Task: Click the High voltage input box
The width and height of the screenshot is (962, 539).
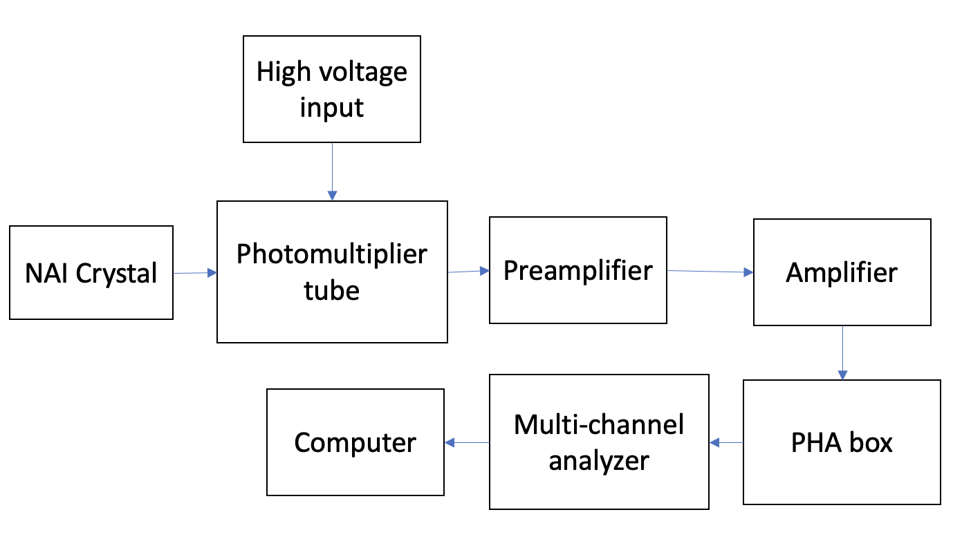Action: pos(332,89)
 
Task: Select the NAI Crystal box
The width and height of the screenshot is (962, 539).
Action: pos(91,273)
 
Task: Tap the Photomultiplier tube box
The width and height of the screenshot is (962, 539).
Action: pos(332,272)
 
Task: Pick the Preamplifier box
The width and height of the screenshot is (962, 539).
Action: pos(577,270)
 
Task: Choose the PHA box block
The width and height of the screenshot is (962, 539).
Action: pos(842,442)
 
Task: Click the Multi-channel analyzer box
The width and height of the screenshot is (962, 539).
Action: pos(599,442)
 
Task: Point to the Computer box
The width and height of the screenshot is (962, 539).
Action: pos(355,442)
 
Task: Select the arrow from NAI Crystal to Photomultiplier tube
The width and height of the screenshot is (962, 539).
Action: pos(195,273)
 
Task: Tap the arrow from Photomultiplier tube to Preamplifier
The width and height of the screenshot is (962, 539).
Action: pos(468,272)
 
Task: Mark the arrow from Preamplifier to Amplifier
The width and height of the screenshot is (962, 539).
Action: pos(710,272)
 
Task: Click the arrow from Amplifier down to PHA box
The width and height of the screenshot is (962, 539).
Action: pos(842,352)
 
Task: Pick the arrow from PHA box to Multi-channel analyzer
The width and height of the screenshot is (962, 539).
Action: pos(726,442)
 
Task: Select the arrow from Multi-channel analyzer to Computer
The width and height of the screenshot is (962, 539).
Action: pos(467,442)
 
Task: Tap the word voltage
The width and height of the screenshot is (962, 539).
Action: pos(369,72)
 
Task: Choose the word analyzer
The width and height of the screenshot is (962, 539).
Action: pos(599,460)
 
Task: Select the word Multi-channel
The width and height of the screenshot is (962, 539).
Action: pos(599,424)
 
